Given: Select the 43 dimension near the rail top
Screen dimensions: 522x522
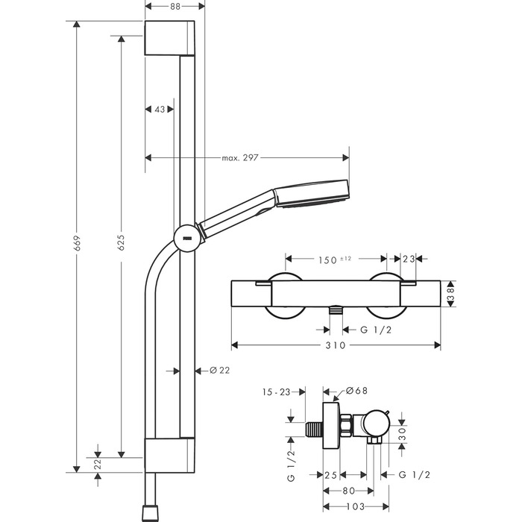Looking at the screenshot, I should pyautogui.click(x=159, y=109).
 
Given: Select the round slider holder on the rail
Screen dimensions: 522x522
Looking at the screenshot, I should pyautogui.click(x=185, y=238).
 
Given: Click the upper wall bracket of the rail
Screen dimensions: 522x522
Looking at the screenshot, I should pyautogui.click(x=171, y=37).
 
